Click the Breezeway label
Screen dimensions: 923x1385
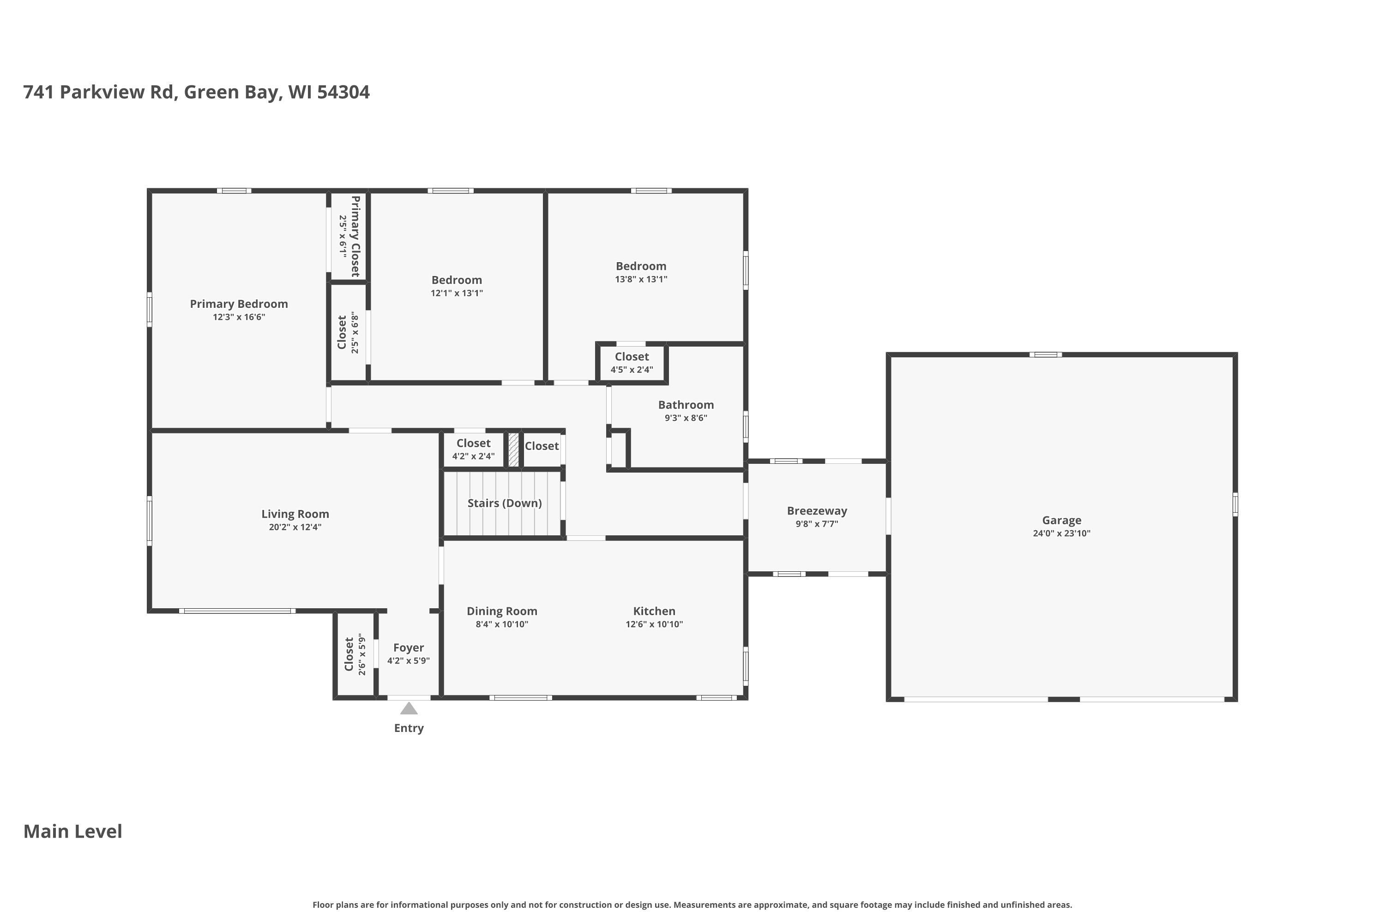[817, 510]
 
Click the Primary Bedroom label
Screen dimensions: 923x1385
[239, 304]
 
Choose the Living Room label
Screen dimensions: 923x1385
[295, 514]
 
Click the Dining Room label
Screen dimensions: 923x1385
[502, 611]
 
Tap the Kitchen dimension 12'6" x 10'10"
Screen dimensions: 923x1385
[654, 624]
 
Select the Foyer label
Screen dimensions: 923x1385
[408, 647]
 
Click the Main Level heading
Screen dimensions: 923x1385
[73, 831]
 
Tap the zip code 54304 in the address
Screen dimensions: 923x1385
[343, 92]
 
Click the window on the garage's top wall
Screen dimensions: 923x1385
[1045, 354]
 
